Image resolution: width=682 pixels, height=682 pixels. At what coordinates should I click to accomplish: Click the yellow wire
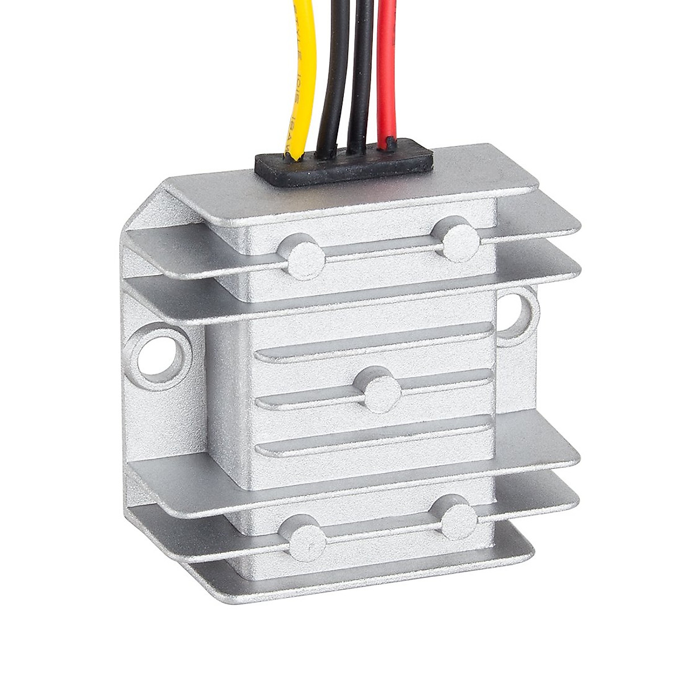click(x=301, y=74)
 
